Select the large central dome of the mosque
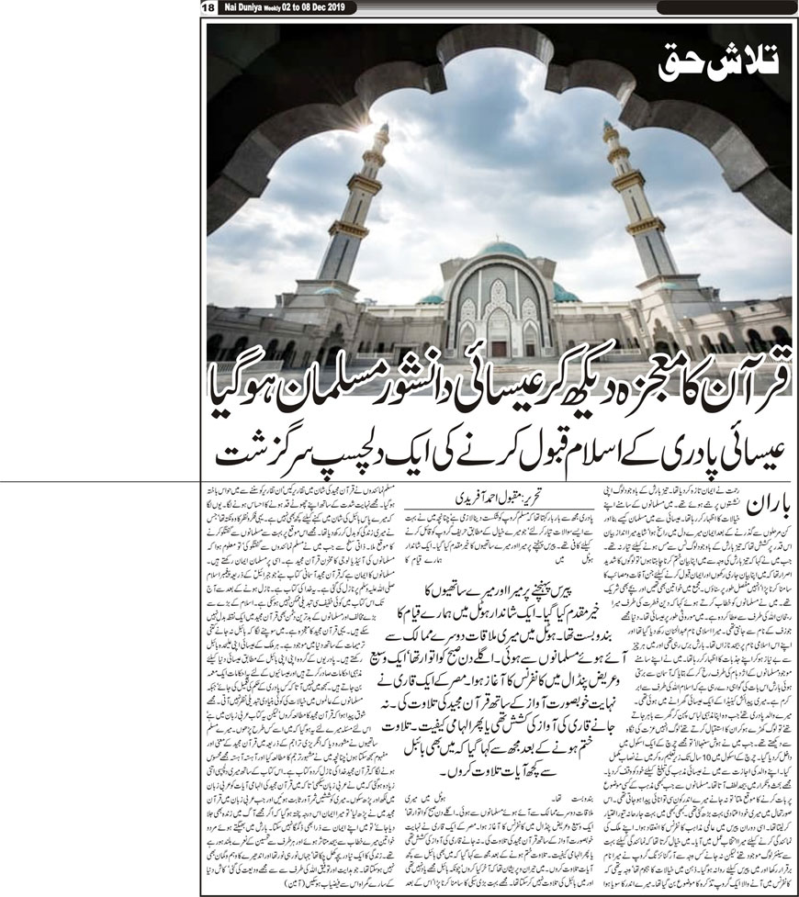[501, 249]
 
